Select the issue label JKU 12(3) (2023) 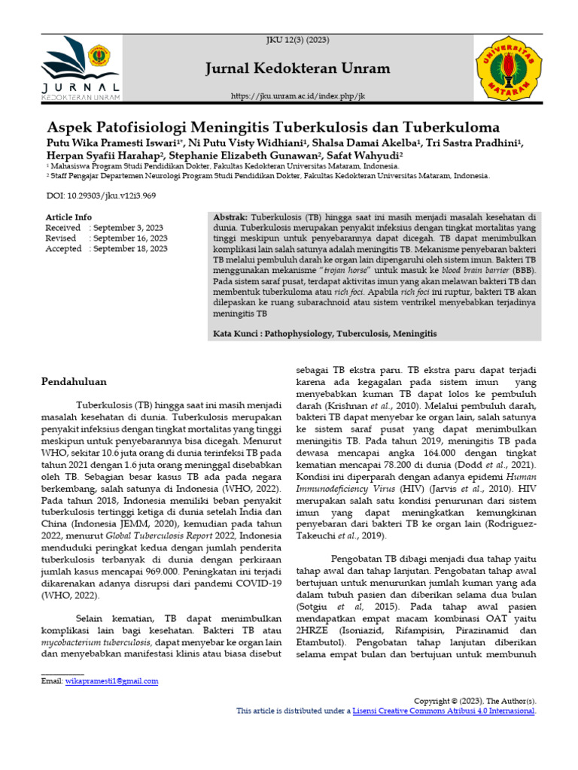pos(298,39)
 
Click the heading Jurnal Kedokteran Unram pos(298,69)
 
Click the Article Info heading pos(68,217)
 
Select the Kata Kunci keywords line pos(324,332)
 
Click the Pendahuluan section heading pos(74,381)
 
